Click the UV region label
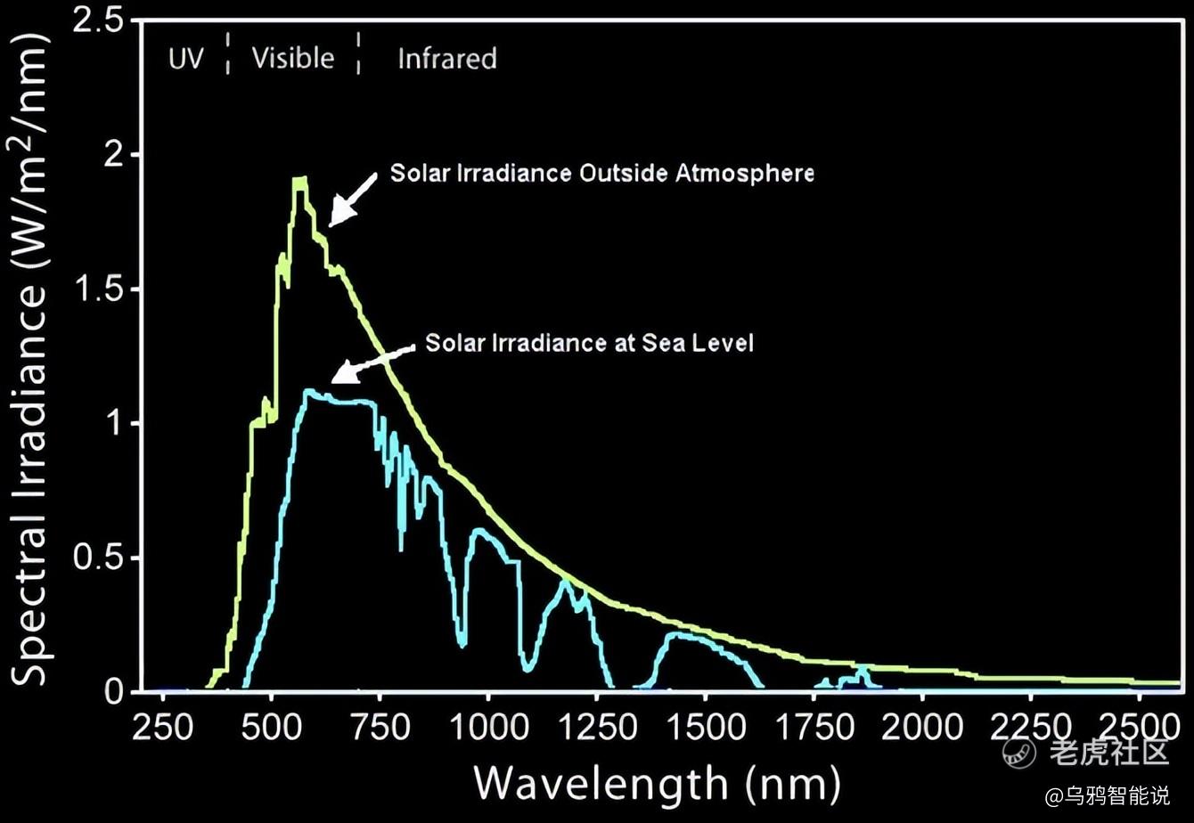186,59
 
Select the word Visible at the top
292,58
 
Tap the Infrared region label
446,59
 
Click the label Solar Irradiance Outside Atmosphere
601,173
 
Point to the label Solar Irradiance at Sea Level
589,343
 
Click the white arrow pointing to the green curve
351,199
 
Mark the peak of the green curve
300,181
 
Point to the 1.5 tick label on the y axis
98,289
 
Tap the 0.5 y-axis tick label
98,558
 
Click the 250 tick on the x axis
163,727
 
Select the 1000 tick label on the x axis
487,727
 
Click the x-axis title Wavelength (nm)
657,784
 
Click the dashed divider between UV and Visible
228,53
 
